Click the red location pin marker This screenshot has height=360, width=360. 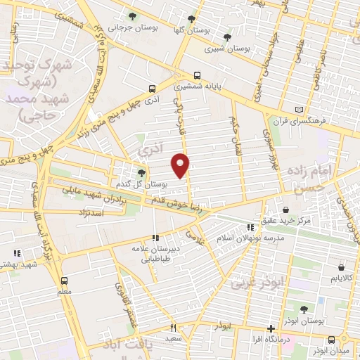[181, 165]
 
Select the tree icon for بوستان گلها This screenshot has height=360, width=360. [191, 19]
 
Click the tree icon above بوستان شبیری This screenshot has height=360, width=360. [226, 37]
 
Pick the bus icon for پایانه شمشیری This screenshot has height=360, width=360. [197, 75]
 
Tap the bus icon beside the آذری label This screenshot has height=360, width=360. [152, 89]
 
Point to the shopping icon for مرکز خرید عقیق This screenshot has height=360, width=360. [285, 210]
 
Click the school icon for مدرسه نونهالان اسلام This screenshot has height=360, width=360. [250, 226]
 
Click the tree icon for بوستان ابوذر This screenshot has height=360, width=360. [304, 309]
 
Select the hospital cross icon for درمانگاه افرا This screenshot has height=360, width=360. [271, 328]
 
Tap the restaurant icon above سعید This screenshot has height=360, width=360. [173, 328]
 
